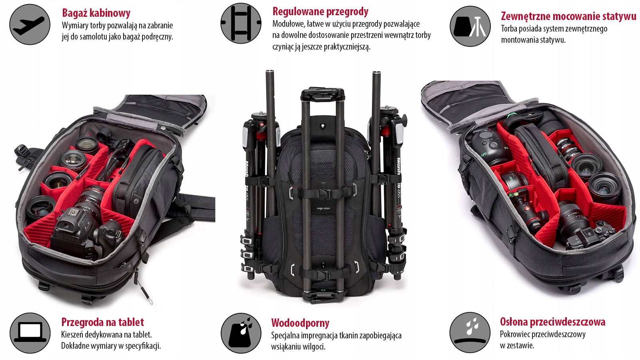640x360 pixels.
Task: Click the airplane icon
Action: coord(30,24)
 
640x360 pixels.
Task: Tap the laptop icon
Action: coord(30,333)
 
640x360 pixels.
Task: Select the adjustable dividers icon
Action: coord(241,23)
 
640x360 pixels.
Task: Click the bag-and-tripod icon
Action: coord(470,26)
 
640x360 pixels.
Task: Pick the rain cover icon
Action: coord(470,332)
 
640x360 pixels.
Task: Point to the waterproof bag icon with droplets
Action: coord(241,333)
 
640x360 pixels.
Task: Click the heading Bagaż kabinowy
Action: coord(96,13)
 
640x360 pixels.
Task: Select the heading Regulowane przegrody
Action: coord(320,12)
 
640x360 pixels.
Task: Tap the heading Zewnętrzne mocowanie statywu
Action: coord(568,16)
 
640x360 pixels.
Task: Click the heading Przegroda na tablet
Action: coord(102,322)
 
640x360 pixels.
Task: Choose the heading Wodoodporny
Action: coord(300,323)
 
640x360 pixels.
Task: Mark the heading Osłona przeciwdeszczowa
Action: coord(552,322)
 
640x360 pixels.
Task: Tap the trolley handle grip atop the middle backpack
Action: coord(322,95)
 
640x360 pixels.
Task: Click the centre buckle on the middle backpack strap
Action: coord(323,193)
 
